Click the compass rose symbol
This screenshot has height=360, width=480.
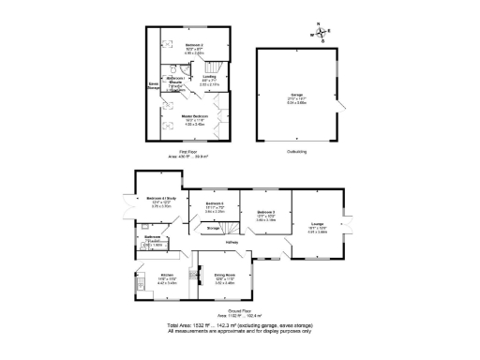(x=320, y=33)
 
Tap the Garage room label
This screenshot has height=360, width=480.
(x=296, y=97)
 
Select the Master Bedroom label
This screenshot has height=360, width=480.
(x=194, y=118)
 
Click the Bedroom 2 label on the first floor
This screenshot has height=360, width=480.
(x=194, y=48)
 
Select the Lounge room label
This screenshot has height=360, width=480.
(x=318, y=224)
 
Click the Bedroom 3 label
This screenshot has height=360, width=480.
(x=265, y=215)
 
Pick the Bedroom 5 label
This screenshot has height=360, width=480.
(x=215, y=205)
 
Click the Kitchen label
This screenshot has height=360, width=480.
(x=166, y=277)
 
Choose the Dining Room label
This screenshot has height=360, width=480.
(x=225, y=277)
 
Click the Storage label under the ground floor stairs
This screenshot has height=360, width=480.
(x=212, y=228)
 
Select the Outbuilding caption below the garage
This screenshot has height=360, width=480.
(x=297, y=151)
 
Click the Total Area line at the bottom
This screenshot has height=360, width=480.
(x=239, y=323)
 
